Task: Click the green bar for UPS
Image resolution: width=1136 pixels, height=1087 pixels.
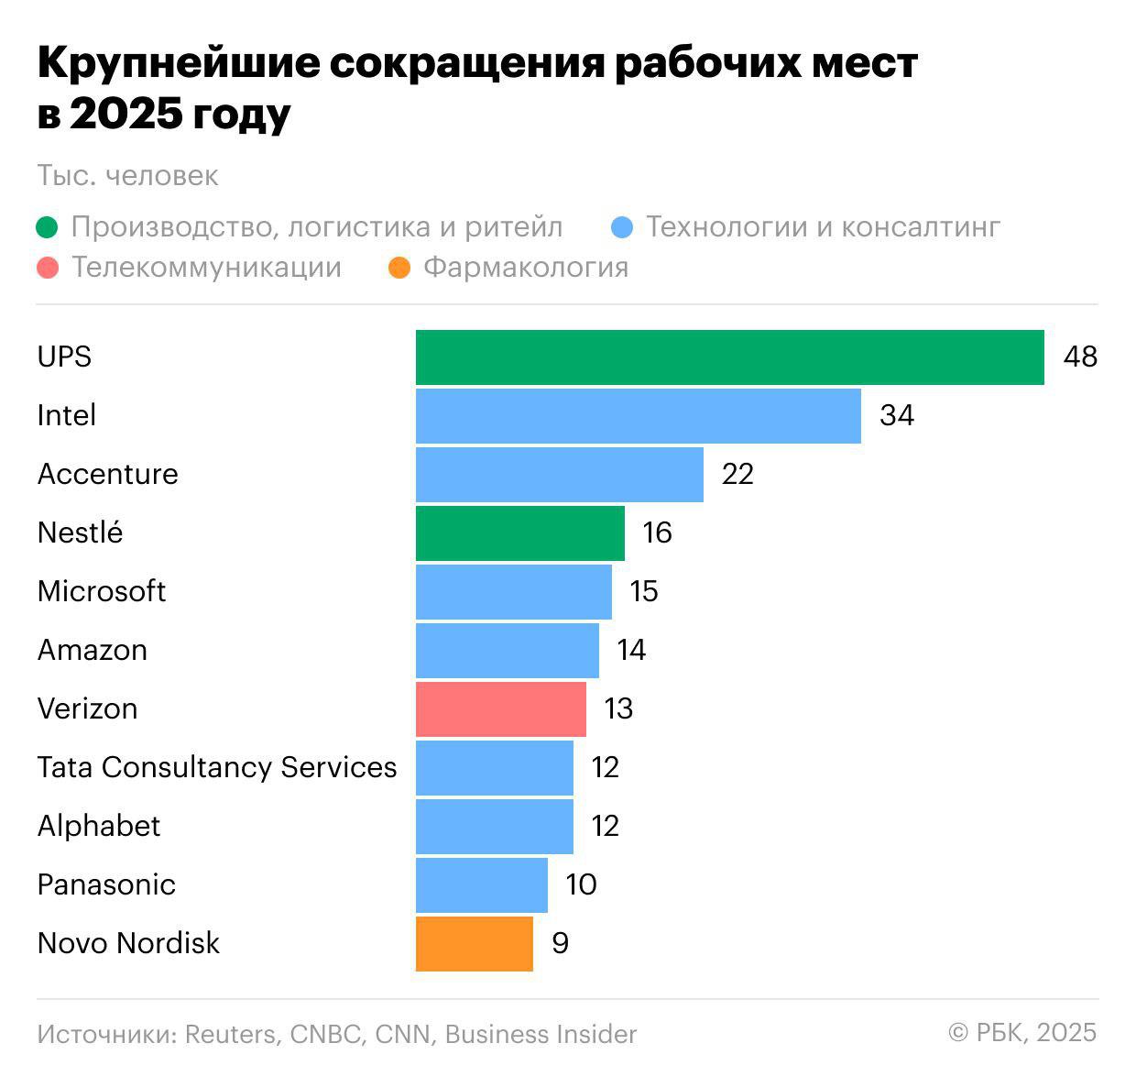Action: pos(729,357)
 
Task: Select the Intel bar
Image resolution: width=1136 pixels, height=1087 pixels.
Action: pos(638,416)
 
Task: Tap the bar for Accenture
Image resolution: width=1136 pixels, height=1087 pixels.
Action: pos(559,475)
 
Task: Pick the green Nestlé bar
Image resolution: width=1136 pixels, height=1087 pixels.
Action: pos(519,533)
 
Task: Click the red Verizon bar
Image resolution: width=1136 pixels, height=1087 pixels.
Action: pos(500,709)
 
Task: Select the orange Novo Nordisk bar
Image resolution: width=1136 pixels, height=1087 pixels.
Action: pos(474,944)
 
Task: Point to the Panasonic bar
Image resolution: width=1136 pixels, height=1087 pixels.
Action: pos(481,885)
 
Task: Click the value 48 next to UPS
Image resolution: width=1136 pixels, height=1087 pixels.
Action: pos(1080,357)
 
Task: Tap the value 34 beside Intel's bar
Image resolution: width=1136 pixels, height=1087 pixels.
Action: pos(897,415)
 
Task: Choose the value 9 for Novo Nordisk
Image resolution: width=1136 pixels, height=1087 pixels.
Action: pos(560,943)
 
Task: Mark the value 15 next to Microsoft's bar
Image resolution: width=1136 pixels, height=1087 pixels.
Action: pos(643,591)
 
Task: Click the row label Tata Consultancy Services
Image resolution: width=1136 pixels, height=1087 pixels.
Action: pos(217,767)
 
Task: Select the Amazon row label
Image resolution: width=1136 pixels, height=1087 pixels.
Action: pos(92,650)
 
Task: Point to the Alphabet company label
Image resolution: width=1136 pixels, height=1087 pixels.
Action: pos(99,826)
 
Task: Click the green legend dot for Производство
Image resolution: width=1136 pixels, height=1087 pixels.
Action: pos(48,227)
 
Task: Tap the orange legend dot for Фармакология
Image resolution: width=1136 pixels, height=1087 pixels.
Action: pos(399,269)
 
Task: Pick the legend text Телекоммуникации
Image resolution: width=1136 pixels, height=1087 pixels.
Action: pos(206,268)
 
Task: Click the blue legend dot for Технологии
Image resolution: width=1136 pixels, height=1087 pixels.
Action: pos(622,227)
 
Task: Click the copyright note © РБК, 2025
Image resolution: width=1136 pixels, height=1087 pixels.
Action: pos(1022,1033)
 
